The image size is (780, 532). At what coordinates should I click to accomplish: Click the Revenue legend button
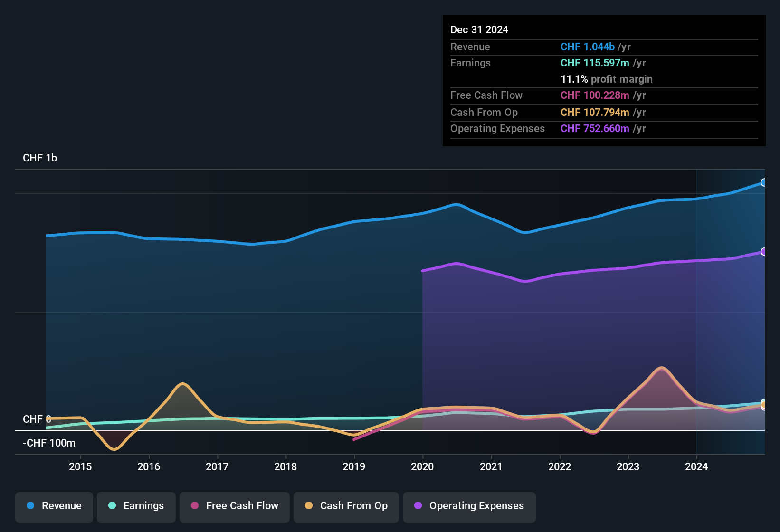[x=54, y=506]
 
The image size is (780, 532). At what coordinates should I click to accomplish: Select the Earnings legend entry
[x=136, y=506]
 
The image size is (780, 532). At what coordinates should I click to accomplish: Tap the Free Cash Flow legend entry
[x=235, y=506]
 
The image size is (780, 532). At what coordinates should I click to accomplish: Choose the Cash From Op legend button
[x=346, y=506]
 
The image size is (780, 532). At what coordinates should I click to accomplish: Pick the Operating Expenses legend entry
[x=469, y=506]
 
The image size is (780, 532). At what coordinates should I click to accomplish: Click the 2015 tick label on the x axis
[x=80, y=466]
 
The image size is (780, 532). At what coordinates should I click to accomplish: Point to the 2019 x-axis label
[x=354, y=466]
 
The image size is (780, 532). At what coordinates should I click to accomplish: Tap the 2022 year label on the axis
[x=560, y=466]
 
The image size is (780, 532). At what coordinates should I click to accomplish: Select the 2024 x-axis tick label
[x=696, y=466]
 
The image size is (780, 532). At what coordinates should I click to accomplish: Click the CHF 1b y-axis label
[x=40, y=158]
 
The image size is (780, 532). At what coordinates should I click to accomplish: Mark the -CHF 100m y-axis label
[x=49, y=443]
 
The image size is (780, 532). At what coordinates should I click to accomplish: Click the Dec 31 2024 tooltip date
[x=479, y=30]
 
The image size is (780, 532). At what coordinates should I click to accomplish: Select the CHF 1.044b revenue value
[x=588, y=47]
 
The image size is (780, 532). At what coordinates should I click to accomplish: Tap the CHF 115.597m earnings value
[x=595, y=63]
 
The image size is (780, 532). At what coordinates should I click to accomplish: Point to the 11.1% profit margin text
[x=607, y=79]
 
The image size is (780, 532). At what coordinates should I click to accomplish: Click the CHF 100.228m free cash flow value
[x=595, y=95]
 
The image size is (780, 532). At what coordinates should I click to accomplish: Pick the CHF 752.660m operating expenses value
[x=595, y=129]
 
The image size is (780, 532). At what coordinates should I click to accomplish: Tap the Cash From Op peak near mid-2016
[x=182, y=384]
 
